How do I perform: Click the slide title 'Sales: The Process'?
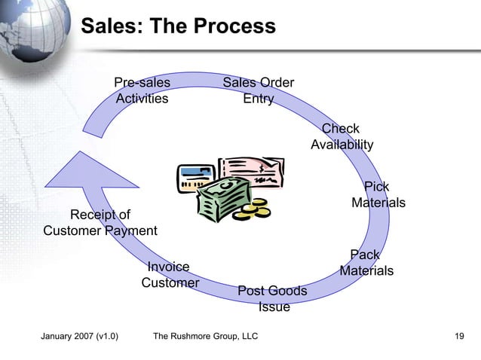coord(178,27)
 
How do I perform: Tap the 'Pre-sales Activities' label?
coord(142,90)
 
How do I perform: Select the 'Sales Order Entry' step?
coord(259,90)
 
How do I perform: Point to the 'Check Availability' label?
coord(342,136)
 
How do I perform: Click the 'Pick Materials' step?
coord(378,194)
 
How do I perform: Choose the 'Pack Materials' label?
coord(366,263)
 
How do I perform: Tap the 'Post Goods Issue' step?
coord(272,298)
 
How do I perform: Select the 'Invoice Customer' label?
coord(170,274)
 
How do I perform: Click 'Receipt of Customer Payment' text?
coord(100,223)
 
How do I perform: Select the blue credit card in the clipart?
coord(194,177)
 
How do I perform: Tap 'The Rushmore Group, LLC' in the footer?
coord(205,336)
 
